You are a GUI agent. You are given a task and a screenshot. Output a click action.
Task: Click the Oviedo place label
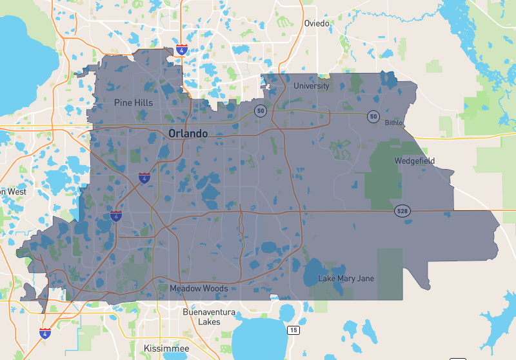tap(317, 23)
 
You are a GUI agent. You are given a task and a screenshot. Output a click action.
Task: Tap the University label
tap(311, 86)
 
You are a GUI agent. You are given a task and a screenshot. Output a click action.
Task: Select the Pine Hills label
tap(134, 103)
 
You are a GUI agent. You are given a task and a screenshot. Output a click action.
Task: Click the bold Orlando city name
tap(188, 134)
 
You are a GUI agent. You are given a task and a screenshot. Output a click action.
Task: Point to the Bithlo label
tap(393, 123)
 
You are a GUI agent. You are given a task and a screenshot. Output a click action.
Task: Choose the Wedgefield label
tap(415, 161)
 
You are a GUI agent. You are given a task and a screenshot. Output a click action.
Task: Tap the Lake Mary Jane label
tap(346, 279)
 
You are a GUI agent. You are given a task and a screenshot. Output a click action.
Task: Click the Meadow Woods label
tap(199, 288)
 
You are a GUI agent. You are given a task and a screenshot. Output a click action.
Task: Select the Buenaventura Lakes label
tap(201, 317)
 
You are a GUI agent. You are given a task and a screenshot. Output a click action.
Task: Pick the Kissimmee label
tap(166, 348)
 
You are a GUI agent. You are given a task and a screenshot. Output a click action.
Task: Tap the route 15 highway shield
tap(294, 330)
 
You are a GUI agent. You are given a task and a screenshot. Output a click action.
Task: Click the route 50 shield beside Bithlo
tap(373, 116)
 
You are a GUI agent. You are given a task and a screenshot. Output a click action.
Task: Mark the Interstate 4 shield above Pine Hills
tap(182, 48)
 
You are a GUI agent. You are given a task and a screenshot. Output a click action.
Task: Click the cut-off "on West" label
tap(14, 192)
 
